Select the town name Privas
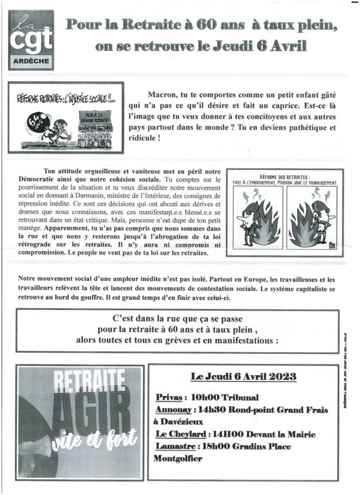click(169, 397)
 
